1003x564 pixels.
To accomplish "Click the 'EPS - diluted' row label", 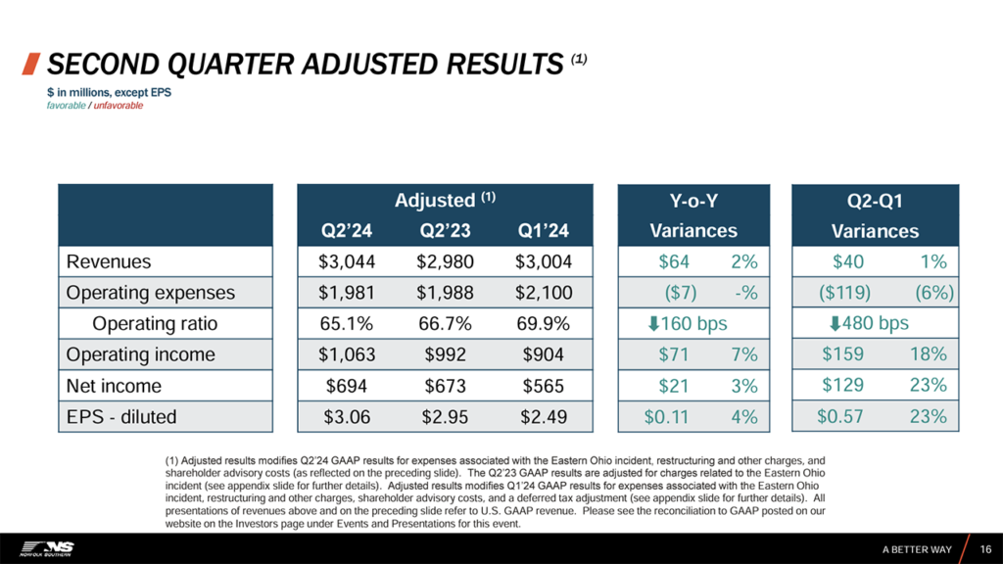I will tap(121, 417).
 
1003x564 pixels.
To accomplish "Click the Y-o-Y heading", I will tap(693, 202).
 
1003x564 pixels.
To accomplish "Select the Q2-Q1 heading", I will tap(875, 202).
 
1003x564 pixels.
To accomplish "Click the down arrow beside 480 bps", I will tap(835, 323).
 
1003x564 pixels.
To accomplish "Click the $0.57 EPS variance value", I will tap(840, 417).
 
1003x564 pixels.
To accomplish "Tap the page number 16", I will tap(985, 548).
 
